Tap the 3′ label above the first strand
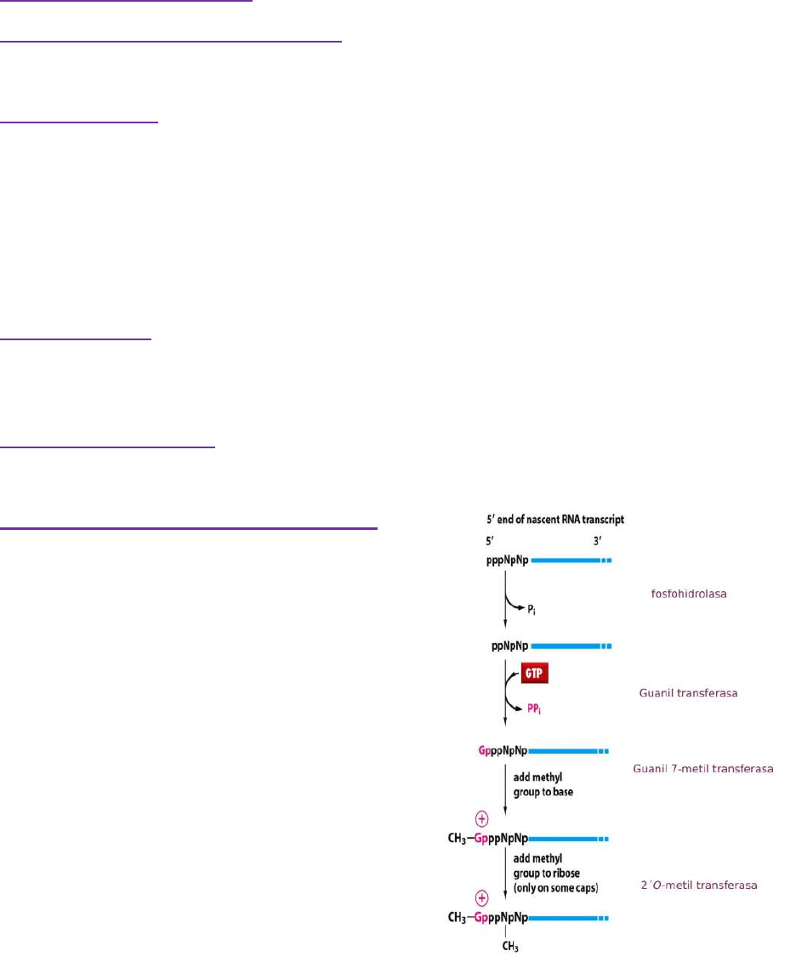[598, 540]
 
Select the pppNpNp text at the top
[503, 561]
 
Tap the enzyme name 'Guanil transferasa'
[687, 693]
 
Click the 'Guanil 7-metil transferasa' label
[703, 769]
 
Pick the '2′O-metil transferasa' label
[698, 885]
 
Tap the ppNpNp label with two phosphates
[509, 646]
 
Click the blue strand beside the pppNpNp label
[565, 561]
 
